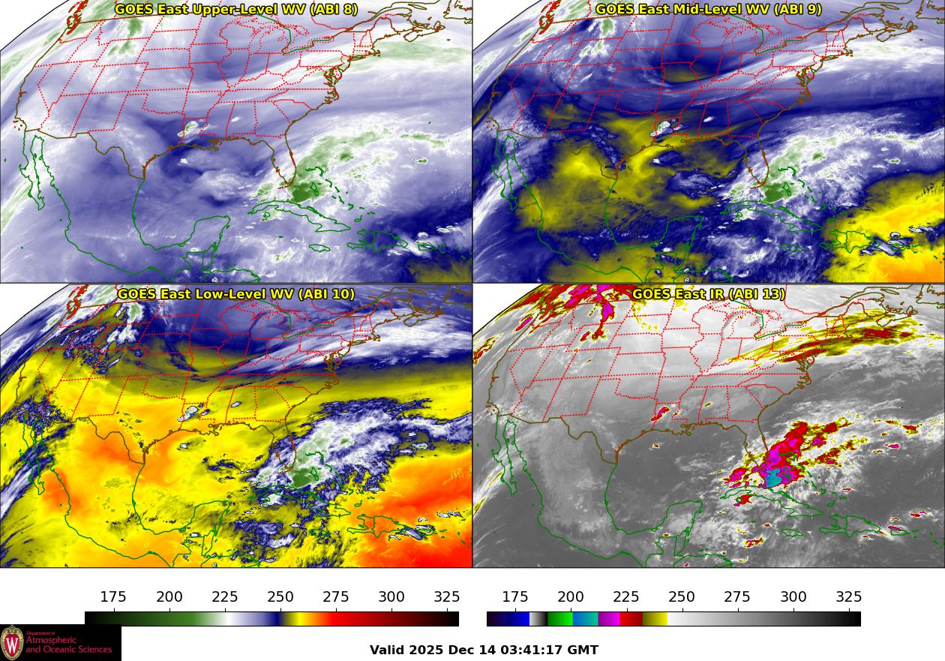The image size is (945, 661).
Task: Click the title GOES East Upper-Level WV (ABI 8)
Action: click(x=235, y=10)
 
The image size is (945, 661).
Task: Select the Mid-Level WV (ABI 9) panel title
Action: click(x=708, y=10)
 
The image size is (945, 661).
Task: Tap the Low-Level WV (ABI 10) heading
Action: click(x=235, y=294)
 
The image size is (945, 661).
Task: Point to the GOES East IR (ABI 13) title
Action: click(x=708, y=294)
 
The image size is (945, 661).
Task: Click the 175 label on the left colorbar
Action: click(x=113, y=597)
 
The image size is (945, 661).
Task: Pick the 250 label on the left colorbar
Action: click(x=280, y=597)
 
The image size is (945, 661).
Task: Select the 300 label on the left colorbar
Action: click(x=391, y=597)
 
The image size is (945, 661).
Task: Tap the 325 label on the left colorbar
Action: click(x=447, y=597)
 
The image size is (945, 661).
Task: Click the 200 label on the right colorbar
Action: click(x=571, y=597)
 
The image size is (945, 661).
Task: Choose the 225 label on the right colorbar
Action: click(x=626, y=597)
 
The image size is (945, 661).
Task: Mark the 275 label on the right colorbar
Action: click(x=737, y=597)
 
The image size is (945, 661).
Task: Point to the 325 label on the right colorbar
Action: click(x=849, y=597)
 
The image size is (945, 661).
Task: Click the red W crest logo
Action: click(x=12, y=643)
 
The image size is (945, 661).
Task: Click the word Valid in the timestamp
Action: click(x=388, y=650)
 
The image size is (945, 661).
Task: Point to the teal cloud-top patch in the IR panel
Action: click(x=775, y=476)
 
